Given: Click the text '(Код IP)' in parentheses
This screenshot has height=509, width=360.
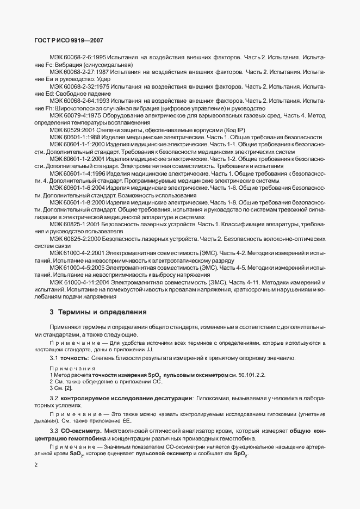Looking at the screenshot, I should pos(234,131).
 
